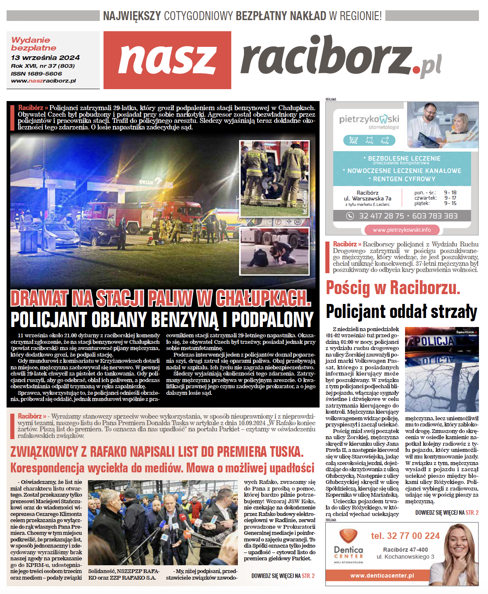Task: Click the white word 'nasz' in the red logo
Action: pyautogui.click(x=167, y=60)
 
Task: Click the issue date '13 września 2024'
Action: pyautogui.click(x=45, y=58)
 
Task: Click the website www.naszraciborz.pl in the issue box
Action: pyautogui.click(x=44, y=81)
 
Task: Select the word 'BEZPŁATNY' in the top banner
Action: pyautogui.click(x=261, y=16)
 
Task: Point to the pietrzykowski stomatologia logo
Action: pyautogui.click(x=369, y=121)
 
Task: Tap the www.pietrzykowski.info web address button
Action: pyautogui.click(x=402, y=230)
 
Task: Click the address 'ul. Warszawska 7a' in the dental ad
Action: pyautogui.click(x=367, y=198)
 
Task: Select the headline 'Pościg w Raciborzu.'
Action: pyautogui.click(x=393, y=288)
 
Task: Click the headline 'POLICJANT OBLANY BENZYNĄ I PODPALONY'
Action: pyautogui.click(x=162, y=320)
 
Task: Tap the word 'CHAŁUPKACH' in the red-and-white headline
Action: pyautogui.click(x=263, y=298)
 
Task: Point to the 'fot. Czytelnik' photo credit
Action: pyautogui.click(x=305, y=203)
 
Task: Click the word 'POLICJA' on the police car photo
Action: pyautogui.click(x=434, y=341)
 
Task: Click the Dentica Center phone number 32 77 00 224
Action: pyautogui.click(x=405, y=536)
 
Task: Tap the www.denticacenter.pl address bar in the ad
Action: pyautogui.click(x=382, y=576)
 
